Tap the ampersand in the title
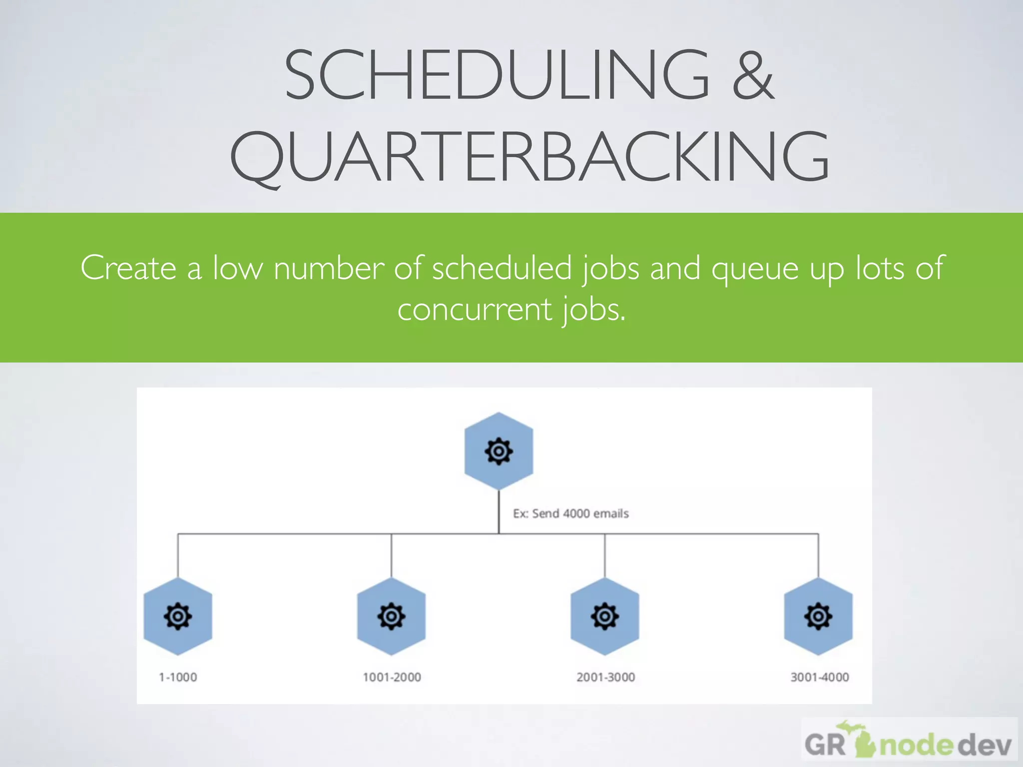point(753,75)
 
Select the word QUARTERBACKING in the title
point(529,156)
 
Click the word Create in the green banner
point(128,268)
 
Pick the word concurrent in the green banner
point(475,310)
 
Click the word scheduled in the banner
point(502,268)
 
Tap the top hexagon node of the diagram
point(499,451)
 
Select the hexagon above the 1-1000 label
point(178,616)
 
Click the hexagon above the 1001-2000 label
point(391,616)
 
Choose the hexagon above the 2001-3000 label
point(604,616)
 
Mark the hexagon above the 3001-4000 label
point(818,616)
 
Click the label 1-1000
point(178,677)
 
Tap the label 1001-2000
point(392,677)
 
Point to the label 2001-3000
point(605,677)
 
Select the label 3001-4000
point(819,677)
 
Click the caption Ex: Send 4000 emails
point(570,513)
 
